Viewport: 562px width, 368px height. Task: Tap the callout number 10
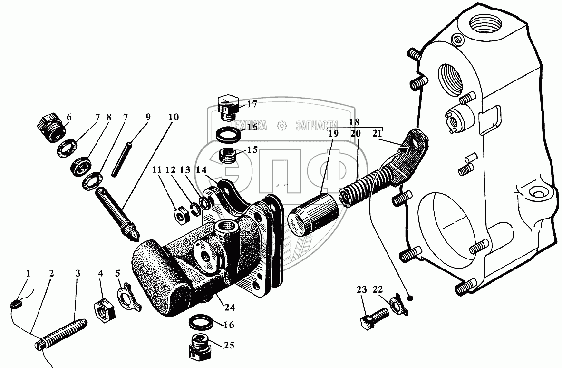pyautogui.click(x=174, y=117)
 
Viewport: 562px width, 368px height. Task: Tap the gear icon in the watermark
pyautogui.click(x=282, y=126)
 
